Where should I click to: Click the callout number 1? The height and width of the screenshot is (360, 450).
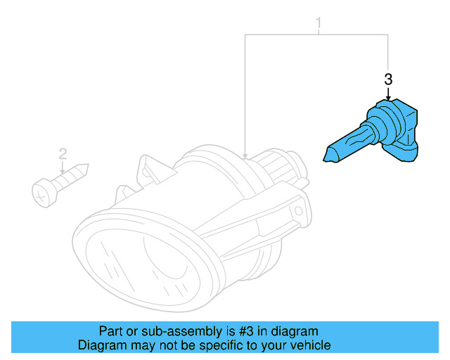pyautogui.click(x=318, y=25)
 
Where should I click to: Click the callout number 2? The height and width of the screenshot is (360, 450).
pyautogui.click(x=63, y=153)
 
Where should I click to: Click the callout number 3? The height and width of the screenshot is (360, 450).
pyautogui.click(x=388, y=80)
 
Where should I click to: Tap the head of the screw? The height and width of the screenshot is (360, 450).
pyautogui.click(x=42, y=191)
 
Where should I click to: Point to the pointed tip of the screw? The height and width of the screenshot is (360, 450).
pyautogui.click(x=86, y=169)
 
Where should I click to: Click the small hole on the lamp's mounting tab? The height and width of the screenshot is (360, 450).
pyautogui.click(x=300, y=210)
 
